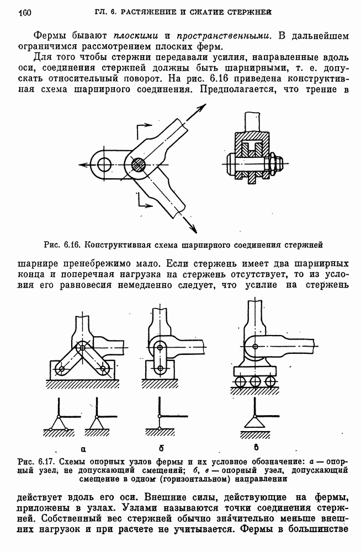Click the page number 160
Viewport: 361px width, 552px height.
pos(25,13)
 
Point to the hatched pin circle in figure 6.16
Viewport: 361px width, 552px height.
pos(139,164)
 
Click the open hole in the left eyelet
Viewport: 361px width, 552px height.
pos(104,164)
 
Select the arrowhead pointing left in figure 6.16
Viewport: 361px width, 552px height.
pos(84,164)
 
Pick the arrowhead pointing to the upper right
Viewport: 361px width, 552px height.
pos(201,108)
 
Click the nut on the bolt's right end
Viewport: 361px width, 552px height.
pos(277,164)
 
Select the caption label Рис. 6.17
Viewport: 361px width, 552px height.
pos(36,461)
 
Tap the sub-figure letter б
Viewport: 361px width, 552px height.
pos(161,448)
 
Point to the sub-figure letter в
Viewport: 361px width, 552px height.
pos(256,448)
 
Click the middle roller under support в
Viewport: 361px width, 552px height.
pos(254,381)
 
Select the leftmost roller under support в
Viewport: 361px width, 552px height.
pos(240,381)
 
